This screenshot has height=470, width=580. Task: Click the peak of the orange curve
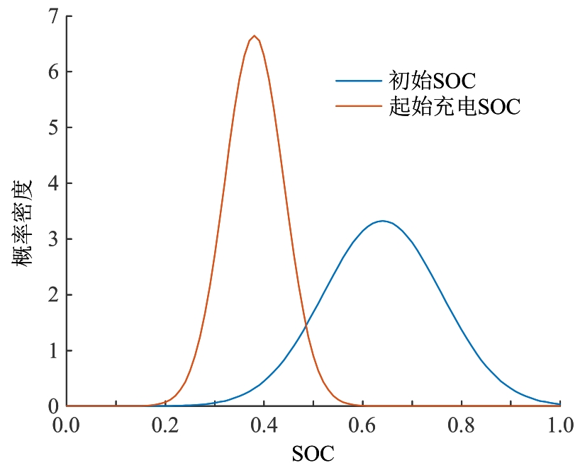click(x=254, y=36)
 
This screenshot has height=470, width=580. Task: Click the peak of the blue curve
click(x=382, y=221)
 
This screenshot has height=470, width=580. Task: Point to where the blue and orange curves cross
click(x=306, y=326)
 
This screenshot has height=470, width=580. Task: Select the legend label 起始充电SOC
click(x=454, y=107)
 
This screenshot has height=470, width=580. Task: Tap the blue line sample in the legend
click(x=359, y=79)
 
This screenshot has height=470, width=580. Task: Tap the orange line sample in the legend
click(x=359, y=107)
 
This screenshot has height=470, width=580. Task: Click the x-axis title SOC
click(x=313, y=452)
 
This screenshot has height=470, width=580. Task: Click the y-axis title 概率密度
click(x=22, y=224)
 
